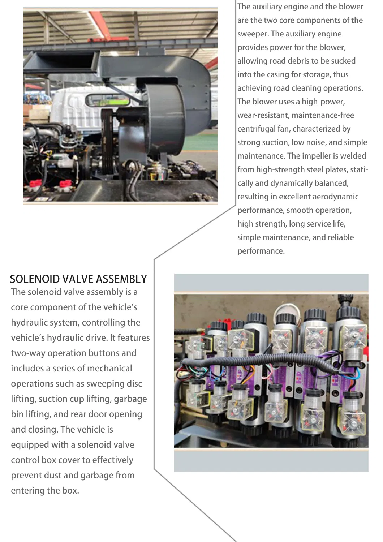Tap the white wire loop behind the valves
pos(285,311)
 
